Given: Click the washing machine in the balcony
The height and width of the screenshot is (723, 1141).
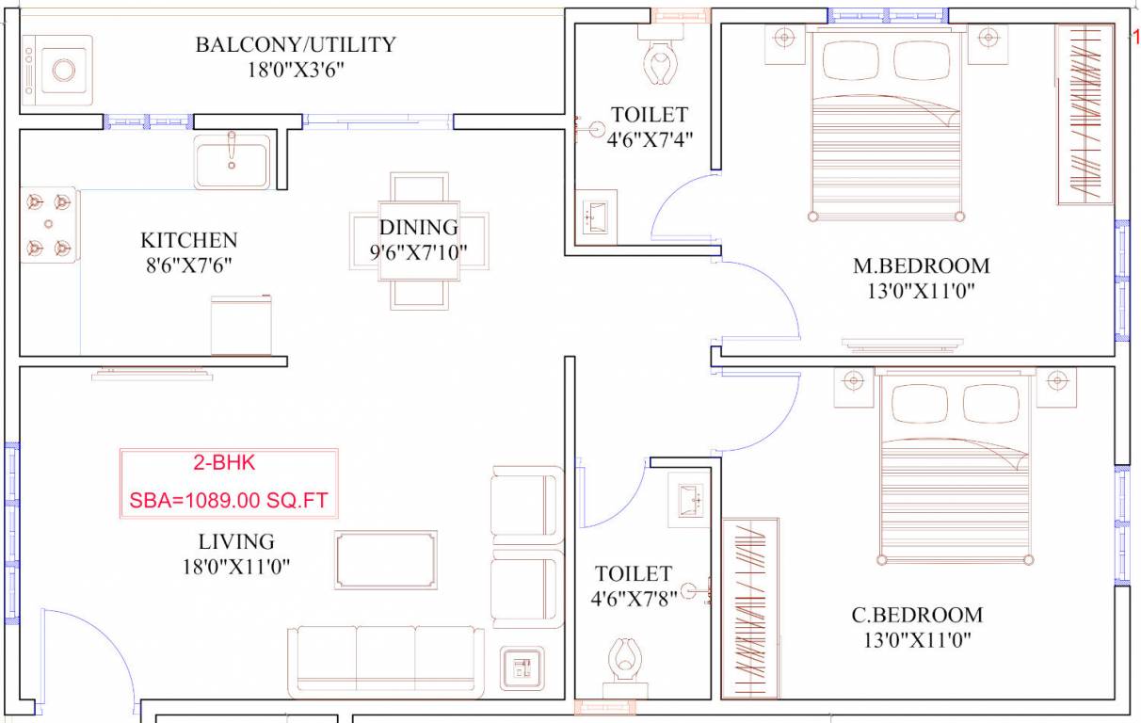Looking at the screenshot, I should pos(57,71).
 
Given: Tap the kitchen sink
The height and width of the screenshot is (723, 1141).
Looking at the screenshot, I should pos(233,162).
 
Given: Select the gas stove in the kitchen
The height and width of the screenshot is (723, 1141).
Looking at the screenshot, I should pos(49,225).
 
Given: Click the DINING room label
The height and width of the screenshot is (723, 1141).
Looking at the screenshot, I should pos(418,228).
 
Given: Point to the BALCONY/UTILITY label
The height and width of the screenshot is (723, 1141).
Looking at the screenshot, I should pos(296,44).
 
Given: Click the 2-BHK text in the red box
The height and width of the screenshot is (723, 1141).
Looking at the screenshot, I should pos(224,463).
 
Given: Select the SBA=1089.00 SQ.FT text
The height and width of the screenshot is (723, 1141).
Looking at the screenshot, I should pos(229,501).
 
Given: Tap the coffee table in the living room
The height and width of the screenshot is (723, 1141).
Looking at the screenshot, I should pos(385,560).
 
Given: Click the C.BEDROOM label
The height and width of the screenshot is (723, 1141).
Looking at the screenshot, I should pos(917,616).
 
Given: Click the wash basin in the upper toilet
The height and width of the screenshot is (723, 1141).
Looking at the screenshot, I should pos(595,218).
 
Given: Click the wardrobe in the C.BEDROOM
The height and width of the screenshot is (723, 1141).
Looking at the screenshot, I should pos(750,608).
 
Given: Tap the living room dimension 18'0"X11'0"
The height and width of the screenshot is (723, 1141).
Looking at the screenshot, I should pos(236,567).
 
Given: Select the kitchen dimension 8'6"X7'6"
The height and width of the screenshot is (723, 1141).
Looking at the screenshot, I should pos(188,265).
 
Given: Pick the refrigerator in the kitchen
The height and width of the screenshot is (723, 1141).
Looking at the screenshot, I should pos(241,326).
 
